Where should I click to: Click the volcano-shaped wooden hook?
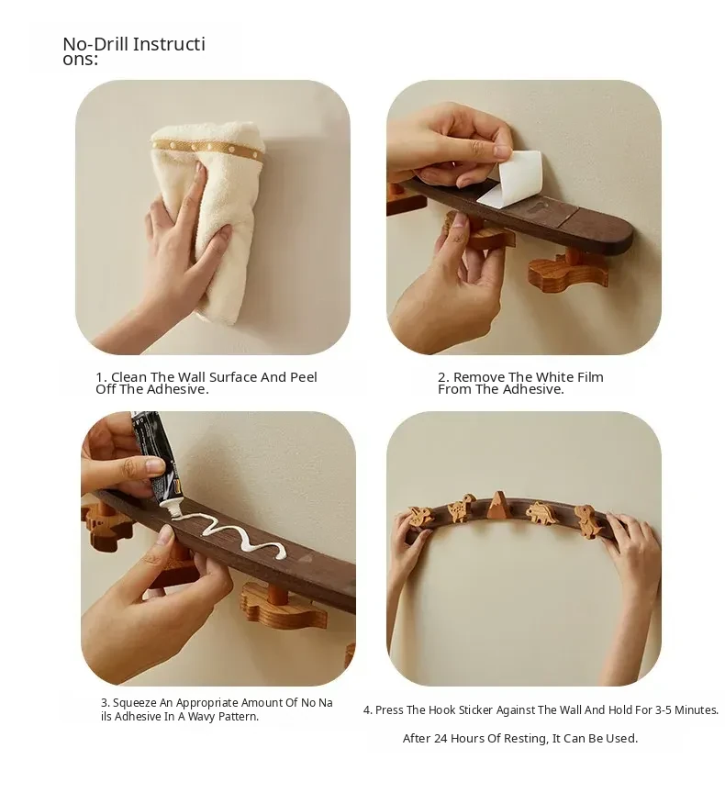[x=499, y=505]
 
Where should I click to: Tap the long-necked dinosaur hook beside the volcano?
[x=461, y=508]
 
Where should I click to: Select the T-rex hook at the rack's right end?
[x=589, y=519]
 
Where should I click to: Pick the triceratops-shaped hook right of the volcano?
[x=543, y=513]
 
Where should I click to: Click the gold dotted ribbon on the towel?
[x=207, y=150]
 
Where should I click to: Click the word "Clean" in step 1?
[x=128, y=377]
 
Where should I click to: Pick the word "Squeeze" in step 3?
[x=135, y=702]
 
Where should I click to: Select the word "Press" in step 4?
[x=389, y=710]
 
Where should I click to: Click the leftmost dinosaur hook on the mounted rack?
[x=420, y=516]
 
